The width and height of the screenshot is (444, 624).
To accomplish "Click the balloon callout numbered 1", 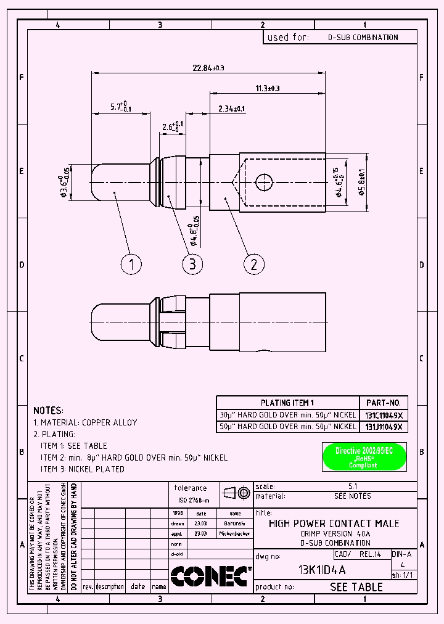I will [131, 265].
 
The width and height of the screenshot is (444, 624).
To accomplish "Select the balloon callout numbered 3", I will [192, 265].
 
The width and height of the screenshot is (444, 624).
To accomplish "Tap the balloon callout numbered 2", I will [253, 265].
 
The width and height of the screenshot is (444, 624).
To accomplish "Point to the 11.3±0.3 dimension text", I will [267, 88].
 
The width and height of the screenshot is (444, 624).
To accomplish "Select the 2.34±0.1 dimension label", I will [231, 109].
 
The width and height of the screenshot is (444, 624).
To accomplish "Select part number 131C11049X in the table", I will [383, 414].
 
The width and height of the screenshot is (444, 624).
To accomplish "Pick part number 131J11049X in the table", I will [383, 426].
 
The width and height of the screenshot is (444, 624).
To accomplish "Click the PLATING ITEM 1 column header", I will [287, 403].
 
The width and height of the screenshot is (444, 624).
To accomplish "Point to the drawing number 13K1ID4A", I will [322, 569].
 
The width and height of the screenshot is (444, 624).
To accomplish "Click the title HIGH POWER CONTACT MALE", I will [334, 523].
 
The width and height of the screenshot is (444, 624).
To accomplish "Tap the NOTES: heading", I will [48, 410].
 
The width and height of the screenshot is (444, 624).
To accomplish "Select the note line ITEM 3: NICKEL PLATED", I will [83, 469].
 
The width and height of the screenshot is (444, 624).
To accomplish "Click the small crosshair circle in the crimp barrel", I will [265, 181].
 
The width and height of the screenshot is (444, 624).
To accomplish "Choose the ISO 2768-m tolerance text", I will [194, 500].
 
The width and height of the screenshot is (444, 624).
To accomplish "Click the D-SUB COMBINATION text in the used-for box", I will [363, 37].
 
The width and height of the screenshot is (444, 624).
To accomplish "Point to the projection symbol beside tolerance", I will [236, 493].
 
